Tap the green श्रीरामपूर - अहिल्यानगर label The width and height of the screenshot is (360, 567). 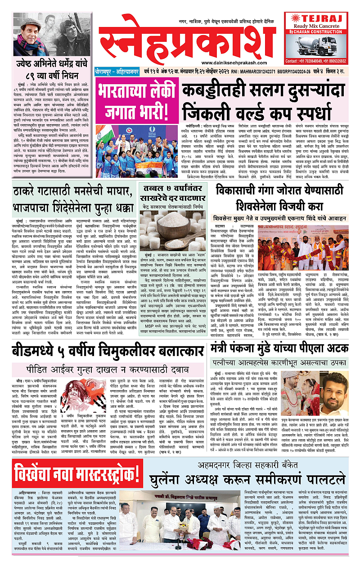click(118, 71)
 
